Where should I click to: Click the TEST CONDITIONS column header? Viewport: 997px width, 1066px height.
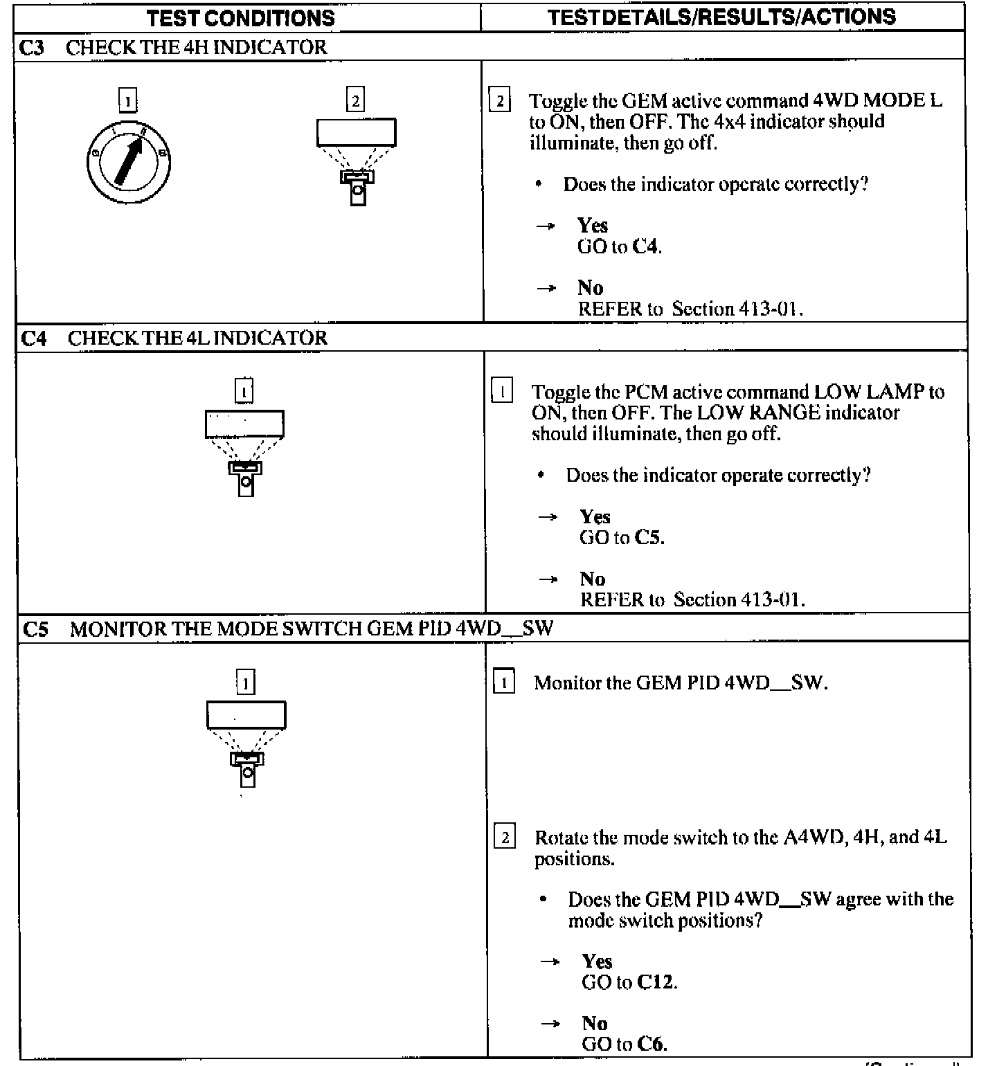(x=240, y=18)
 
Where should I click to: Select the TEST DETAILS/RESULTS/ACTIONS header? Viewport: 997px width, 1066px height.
(x=721, y=17)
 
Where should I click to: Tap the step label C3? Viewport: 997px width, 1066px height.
(x=32, y=48)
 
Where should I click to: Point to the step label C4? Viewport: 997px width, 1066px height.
(x=33, y=338)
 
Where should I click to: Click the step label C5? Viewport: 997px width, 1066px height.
(x=35, y=629)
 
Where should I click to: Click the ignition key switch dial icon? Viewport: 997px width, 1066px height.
(x=129, y=162)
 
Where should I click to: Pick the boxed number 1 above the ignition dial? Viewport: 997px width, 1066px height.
(x=128, y=101)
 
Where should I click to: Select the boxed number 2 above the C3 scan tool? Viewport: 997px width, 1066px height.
(x=355, y=100)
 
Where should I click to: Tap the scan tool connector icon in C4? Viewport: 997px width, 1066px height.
(x=245, y=478)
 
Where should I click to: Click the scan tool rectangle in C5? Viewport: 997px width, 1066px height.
(x=246, y=715)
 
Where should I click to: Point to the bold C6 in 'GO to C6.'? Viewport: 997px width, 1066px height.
(x=652, y=1044)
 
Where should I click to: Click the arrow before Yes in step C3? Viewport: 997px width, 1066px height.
(x=546, y=226)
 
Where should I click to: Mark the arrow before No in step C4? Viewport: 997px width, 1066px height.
(x=548, y=579)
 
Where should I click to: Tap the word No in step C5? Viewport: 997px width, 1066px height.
(x=595, y=1023)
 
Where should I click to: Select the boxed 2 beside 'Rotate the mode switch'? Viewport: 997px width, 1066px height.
(x=505, y=838)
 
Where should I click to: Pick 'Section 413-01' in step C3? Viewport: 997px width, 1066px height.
(x=737, y=309)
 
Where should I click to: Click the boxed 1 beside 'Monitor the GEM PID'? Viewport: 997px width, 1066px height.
(x=504, y=683)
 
